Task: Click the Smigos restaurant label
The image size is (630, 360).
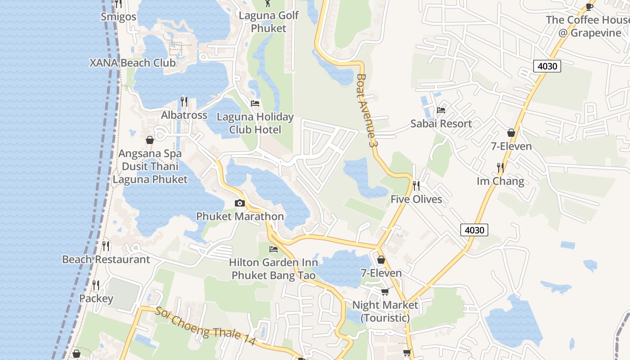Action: click(x=118, y=17)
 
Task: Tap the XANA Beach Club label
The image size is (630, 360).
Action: click(x=132, y=63)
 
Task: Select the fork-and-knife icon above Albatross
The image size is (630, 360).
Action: click(x=184, y=101)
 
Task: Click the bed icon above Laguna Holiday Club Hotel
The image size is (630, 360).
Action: click(x=255, y=103)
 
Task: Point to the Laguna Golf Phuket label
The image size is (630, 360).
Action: click(x=269, y=22)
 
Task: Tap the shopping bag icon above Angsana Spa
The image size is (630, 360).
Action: click(x=150, y=140)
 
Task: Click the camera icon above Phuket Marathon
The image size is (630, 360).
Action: click(x=240, y=203)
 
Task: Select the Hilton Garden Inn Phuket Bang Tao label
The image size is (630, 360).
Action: click(x=273, y=269)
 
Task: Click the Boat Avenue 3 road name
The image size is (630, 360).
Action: click(x=365, y=110)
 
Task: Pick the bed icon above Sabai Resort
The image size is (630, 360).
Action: click(x=441, y=110)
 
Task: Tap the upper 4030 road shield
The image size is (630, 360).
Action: click(x=547, y=66)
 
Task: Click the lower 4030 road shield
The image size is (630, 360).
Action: click(x=474, y=230)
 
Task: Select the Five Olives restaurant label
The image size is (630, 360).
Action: click(x=416, y=199)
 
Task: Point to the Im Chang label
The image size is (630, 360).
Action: click(x=500, y=181)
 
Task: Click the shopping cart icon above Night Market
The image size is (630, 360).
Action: click(x=385, y=292)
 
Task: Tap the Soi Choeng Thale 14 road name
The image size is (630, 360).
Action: click(x=206, y=327)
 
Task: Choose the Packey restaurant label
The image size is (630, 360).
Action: click(x=96, y=298)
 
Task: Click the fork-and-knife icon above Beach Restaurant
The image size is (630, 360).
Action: click(x=106, y=246)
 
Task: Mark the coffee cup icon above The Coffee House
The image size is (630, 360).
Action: click(x=589, y=6)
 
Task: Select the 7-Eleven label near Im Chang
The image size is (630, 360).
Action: click(x=511, y=146)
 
